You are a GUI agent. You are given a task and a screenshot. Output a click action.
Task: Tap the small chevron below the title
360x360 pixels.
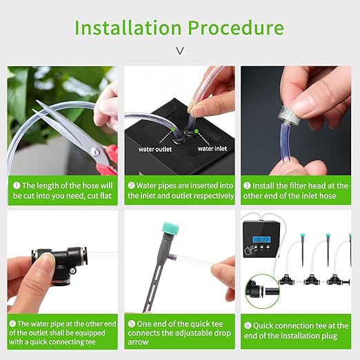tap(180, 50)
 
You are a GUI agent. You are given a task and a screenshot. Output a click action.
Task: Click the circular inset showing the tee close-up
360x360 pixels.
tap(263, 290)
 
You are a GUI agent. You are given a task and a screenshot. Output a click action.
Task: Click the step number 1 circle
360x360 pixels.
tap(15, 186)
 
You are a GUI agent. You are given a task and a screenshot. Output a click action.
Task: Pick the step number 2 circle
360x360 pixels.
tap(132, 186)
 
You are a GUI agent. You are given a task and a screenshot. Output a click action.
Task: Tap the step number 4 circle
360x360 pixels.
tap(12, 323)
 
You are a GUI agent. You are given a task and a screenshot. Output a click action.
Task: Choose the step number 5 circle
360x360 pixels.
tap(132, 323)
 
